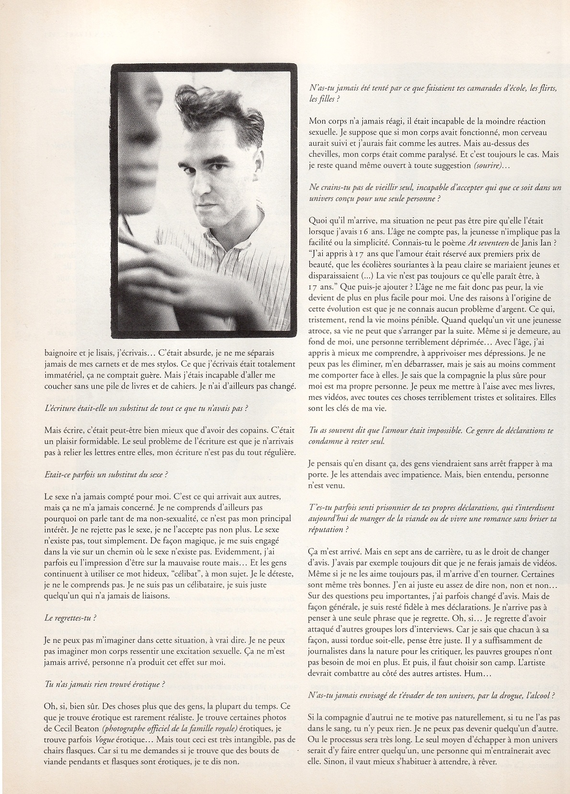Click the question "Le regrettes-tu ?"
(x=70, y=618)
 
